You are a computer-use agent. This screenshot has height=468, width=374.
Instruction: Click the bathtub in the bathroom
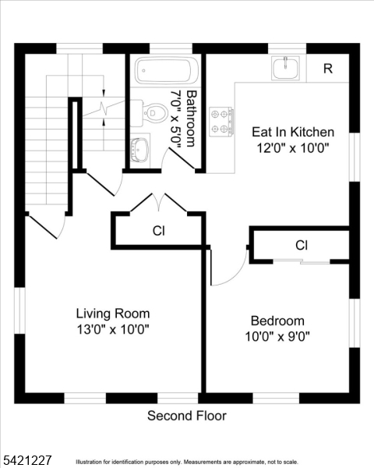[x=167, y=71]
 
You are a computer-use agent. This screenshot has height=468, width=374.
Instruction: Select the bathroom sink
[x=140, y=150]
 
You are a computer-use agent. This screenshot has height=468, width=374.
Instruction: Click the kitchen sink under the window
[x=285, y=68]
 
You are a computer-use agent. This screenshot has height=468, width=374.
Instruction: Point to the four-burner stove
[x=221, y=122]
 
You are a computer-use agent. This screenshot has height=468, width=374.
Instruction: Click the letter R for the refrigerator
[x=328, y=69]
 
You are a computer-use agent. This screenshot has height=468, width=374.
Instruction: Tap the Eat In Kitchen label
[x=293, y=132]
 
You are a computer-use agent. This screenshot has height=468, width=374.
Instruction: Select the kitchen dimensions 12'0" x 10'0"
[x=293, y=147]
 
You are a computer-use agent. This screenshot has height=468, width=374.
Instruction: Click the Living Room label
[x=113, y=314]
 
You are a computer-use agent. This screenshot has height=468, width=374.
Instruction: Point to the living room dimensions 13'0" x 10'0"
[x=113, y=329]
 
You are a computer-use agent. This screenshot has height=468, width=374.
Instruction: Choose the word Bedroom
[x=277, y=321]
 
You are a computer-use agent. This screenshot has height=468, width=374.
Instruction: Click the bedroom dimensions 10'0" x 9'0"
[x=277, y=337]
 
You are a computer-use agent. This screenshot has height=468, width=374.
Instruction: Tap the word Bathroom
[x=192, y=119]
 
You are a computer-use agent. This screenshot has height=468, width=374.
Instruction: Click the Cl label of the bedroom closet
[x=302, y=246]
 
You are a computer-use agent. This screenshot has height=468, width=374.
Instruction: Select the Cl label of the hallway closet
[x=159, y=231]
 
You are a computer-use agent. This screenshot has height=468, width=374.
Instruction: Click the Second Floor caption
[x=187, y=416]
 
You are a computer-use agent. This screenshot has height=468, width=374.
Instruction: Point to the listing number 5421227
[x=26, y=460]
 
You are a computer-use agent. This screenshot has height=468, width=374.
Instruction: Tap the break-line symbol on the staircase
[x=104, y=107]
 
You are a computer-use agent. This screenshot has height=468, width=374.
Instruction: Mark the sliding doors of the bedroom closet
[x=302, y=262]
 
